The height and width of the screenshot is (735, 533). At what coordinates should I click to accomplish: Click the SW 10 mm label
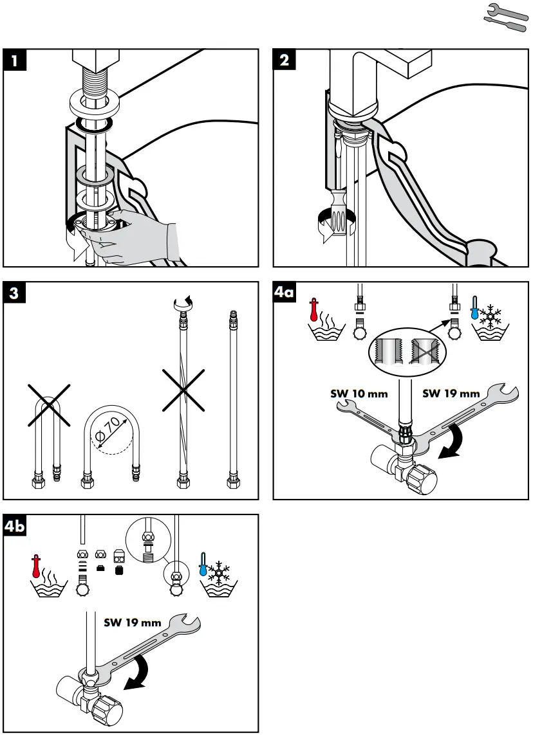pyautogui.click(x=359, y=394)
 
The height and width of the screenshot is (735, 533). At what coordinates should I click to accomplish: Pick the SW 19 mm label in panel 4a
pyautogui.click(x=451, y=394)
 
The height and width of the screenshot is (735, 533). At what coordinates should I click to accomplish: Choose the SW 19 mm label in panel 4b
pyautogui.click(x=133, y=622)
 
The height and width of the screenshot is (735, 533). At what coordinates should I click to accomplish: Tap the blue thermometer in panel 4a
pyautogui.click(x=474, y=309)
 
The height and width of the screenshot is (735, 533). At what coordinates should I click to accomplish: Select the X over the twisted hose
pyautogui.click(x=183, y=390)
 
